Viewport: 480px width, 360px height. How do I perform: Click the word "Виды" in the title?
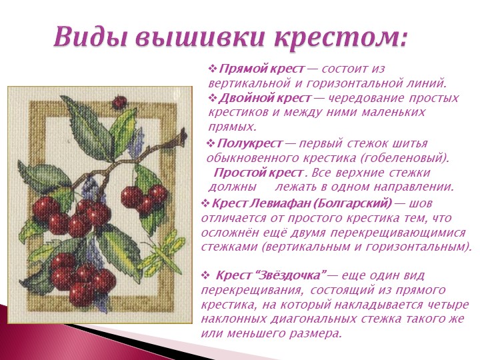(x=90, y=36)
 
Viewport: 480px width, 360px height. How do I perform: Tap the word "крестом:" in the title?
(x=341, y=38)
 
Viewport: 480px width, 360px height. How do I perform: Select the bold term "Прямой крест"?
(x=262, y=69)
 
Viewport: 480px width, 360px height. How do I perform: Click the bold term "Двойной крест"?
(x=265, y=98)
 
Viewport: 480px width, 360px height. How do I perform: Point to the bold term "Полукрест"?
(x=249, y=143)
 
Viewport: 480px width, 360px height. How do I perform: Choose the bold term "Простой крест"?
(x=259, y=173)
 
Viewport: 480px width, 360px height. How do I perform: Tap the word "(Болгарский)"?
(x=354, y=203)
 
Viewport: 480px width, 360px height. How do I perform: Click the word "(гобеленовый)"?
(x=404, y=158)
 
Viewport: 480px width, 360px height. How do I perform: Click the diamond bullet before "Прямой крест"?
(x=213, y=69)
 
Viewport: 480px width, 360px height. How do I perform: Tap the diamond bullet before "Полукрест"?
(x=211, y=143)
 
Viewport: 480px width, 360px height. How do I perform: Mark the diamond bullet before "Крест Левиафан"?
(x=205, y=203)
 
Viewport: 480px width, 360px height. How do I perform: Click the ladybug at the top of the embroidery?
(x=119, y=102)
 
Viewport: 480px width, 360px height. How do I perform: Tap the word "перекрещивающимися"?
(x=397, y=233)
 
